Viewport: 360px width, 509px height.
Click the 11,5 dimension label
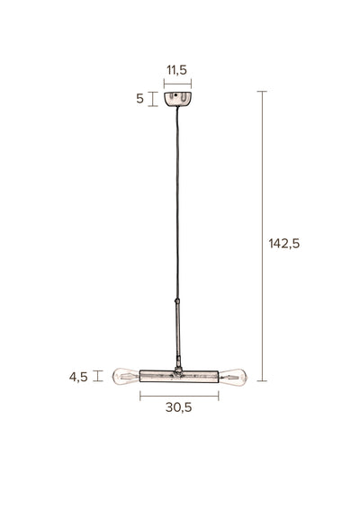point(176,70)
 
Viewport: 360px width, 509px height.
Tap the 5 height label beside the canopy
point(139,98)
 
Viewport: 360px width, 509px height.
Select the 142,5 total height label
point(284,244)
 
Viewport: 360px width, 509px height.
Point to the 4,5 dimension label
point(78,377)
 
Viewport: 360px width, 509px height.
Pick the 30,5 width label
point(179,407)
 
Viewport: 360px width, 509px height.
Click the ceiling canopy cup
point(177,99)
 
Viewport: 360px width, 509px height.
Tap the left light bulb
point(126,377)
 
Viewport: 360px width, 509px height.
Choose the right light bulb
point(233,378)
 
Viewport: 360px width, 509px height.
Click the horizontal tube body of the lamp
point(179,376)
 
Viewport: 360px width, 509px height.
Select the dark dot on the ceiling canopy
point(175,95)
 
